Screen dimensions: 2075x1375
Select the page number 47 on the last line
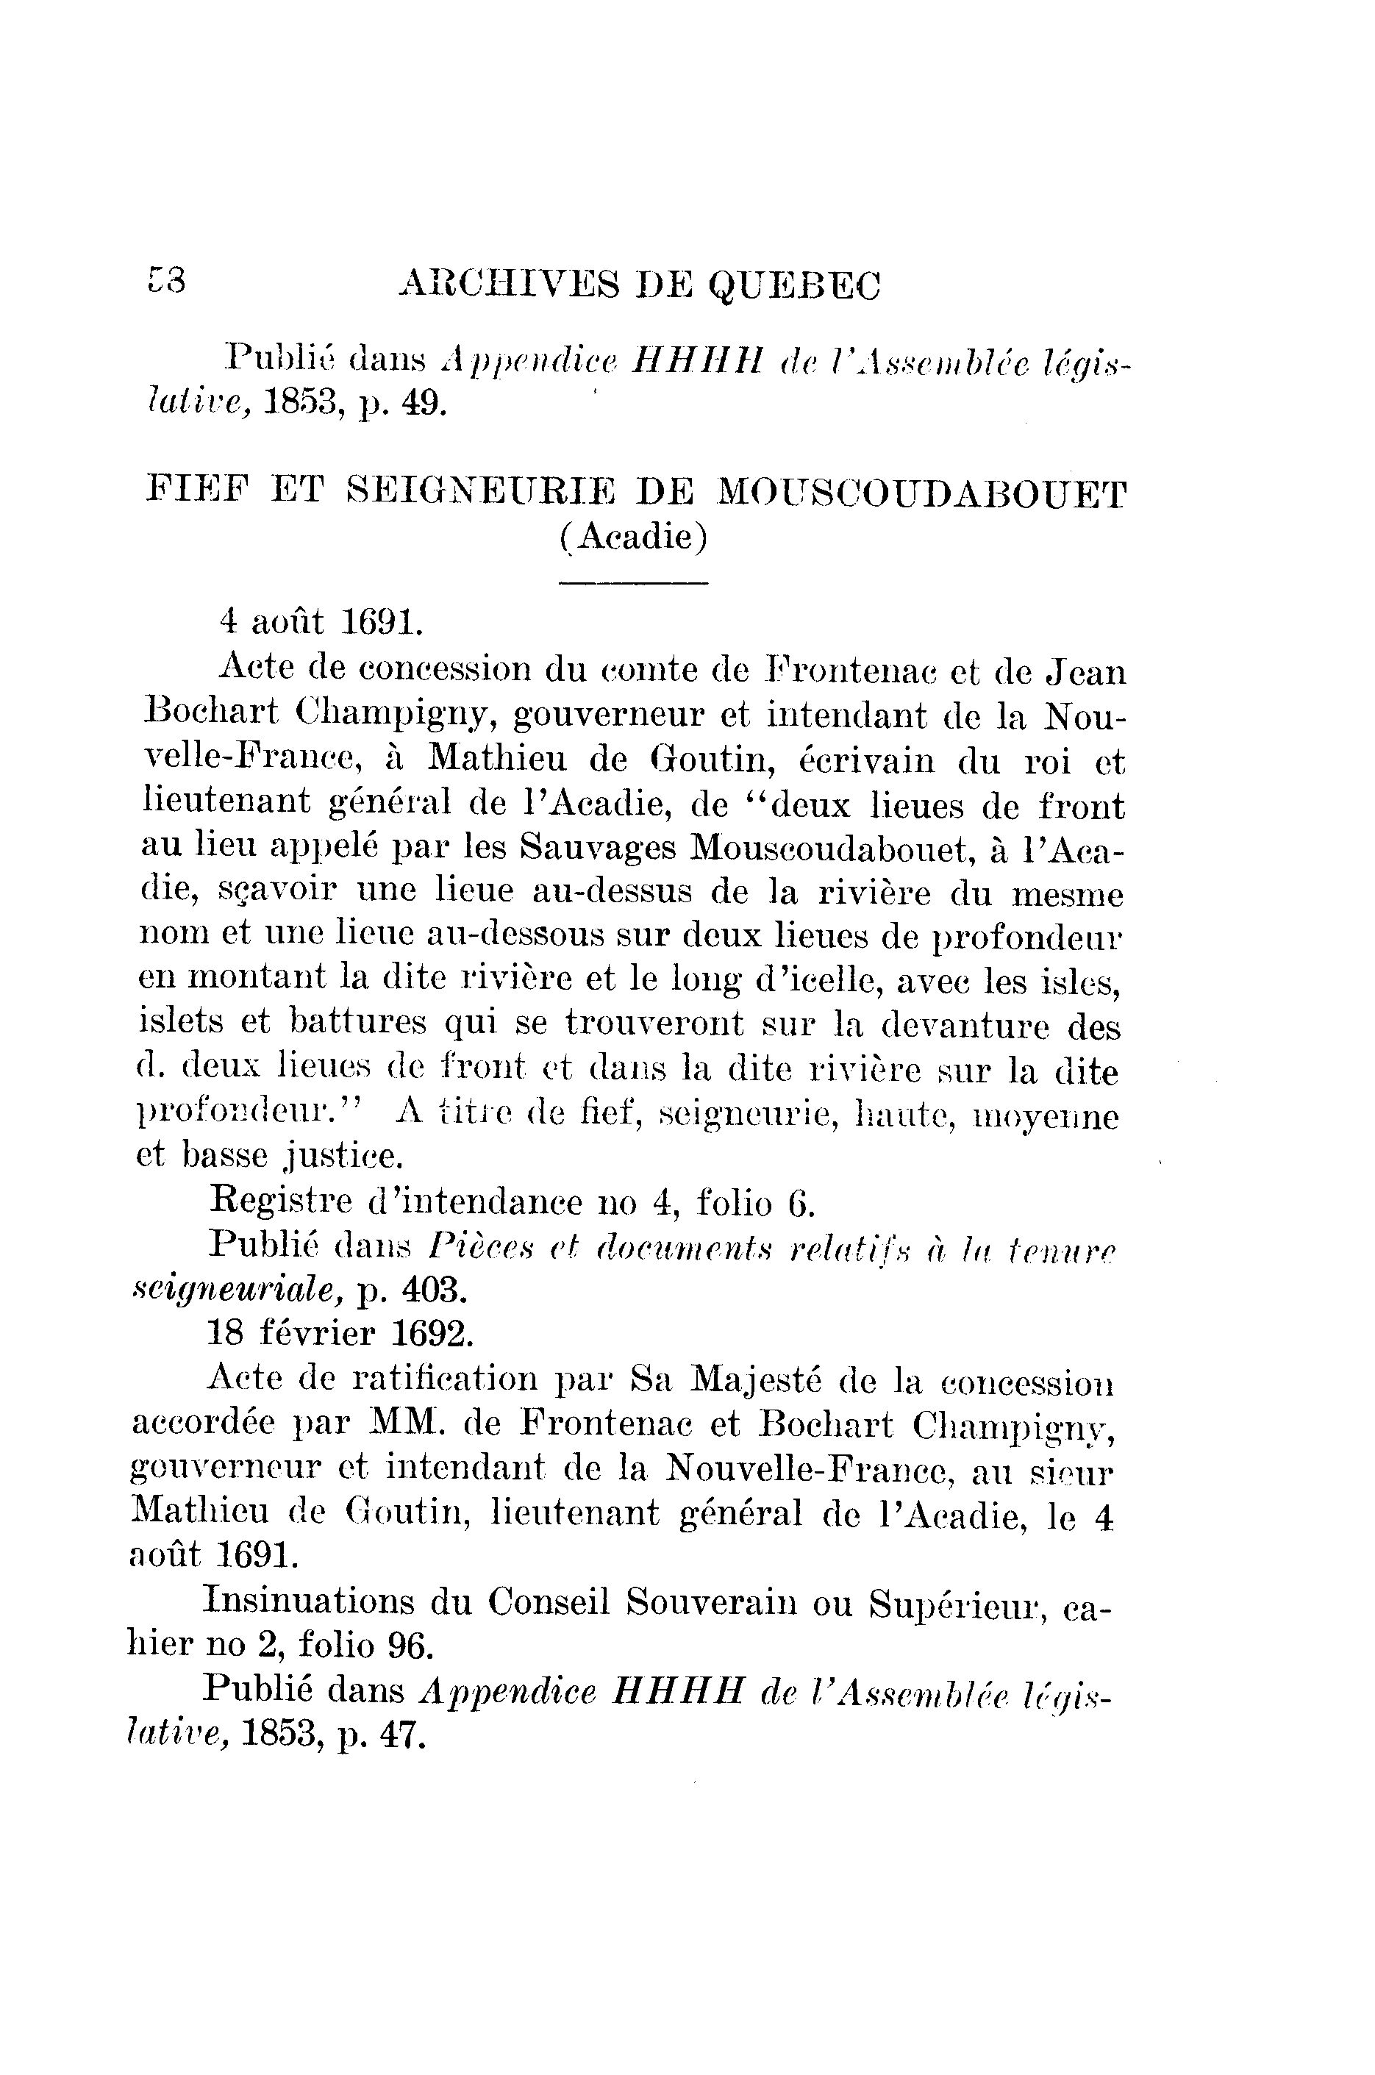401,1736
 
